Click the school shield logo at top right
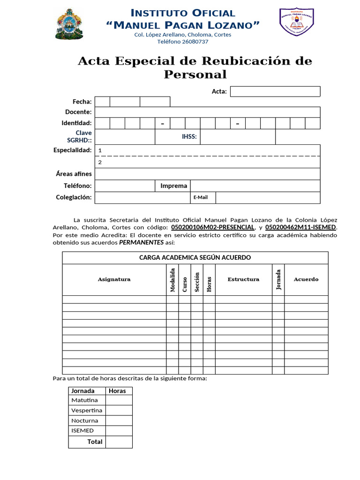click(297, 22)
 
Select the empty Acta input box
click(275, 91)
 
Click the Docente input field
click(207, 112)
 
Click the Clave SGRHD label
click(80, 136)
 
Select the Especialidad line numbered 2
click(207, 162)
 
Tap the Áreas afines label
click(74, 174)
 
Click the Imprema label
click(173, 186)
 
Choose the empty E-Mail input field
click(268, 198)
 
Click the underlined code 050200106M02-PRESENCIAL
click(213, 227)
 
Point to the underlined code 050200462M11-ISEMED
click(300, 227)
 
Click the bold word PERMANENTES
click(142, 242)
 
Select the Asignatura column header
click(114, 279)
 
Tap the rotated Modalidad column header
click(172, 280)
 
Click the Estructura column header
click(243, 279)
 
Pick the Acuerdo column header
click(306, 279)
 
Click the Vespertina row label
click(87, 410)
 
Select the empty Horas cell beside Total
click(119, 442)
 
